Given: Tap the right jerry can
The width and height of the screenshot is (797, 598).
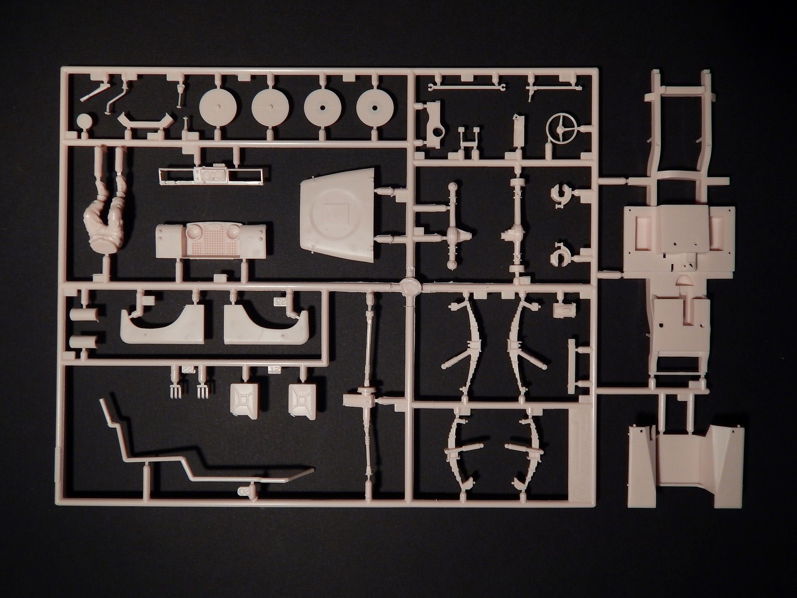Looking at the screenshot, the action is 302,400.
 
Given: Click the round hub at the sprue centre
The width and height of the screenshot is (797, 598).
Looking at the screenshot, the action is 410,286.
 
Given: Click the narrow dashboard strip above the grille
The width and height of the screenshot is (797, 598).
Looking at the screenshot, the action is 211,175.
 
